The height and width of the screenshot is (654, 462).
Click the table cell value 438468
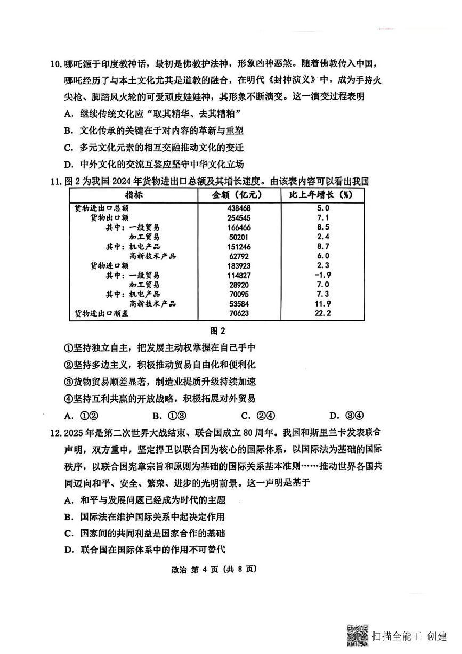pos(239,208)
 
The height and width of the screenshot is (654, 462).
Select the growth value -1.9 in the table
pos(323,275)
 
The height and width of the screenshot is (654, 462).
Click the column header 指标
pos(134,195)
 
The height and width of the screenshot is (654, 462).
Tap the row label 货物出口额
pos(109,218)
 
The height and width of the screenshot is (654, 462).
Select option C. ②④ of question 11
pos(258,416)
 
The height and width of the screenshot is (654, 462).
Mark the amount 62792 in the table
pos(239,256)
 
